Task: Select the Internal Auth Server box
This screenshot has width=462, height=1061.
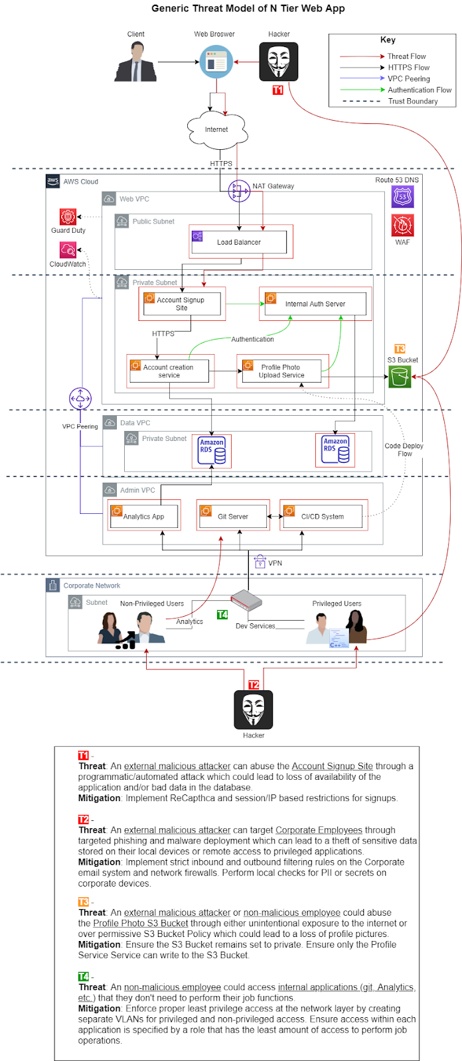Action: point(315,304)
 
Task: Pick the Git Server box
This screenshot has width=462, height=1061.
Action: point(232,516)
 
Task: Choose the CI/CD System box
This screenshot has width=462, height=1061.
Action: point(323,516)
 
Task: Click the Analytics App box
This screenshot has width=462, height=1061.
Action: point(144,516)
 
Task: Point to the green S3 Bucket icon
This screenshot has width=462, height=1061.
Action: point(400,377)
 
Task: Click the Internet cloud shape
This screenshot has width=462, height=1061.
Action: point(216,129)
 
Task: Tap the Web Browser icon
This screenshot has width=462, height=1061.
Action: point(216,62)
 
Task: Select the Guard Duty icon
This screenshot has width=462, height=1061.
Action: point(68,217)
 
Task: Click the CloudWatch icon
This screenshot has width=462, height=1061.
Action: point(68,250)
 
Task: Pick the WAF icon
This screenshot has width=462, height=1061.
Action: point(402,225)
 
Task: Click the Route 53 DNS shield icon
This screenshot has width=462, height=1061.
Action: point(402,197)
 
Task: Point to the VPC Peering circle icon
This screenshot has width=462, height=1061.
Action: point(80,399)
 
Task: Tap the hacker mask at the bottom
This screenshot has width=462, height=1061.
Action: point(253,709)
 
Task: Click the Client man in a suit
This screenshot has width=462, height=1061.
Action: point(136,62)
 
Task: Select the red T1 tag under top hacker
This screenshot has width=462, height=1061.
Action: point(277,90)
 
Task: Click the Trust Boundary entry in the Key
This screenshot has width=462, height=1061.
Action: point(412,101)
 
